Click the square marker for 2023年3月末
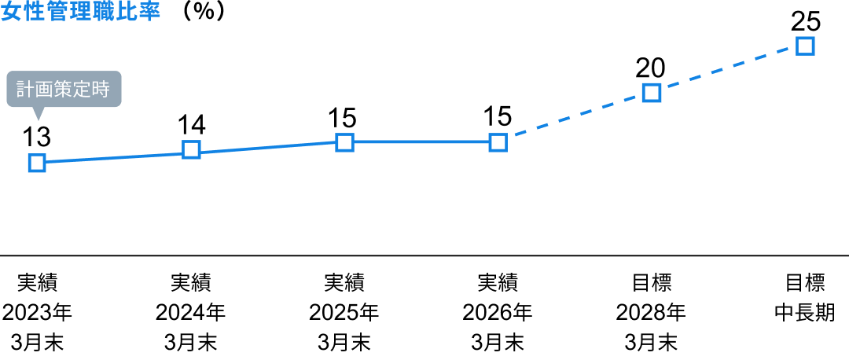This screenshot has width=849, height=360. pos(37,163)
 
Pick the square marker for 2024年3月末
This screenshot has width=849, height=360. pos(191,149)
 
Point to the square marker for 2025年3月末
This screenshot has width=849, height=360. pos(344,142)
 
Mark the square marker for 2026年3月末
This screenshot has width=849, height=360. pos(498,142)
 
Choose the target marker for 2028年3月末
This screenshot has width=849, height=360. pos(652,93)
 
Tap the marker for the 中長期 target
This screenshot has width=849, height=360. pos(805,46)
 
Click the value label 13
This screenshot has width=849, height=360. pos(37,138)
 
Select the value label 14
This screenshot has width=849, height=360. pos(191,124)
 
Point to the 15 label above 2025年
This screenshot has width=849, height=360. pos(344,117)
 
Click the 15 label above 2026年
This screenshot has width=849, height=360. pos(498,117)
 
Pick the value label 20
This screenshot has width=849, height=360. pos(652,68)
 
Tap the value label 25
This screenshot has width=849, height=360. pos(806,22)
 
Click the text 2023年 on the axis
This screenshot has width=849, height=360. pos(37,313)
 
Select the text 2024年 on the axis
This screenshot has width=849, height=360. pos(190,313)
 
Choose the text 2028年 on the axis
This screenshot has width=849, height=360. pos(652,313)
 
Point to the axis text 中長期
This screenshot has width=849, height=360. pos(805,313)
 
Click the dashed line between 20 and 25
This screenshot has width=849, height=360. pos(729,70)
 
